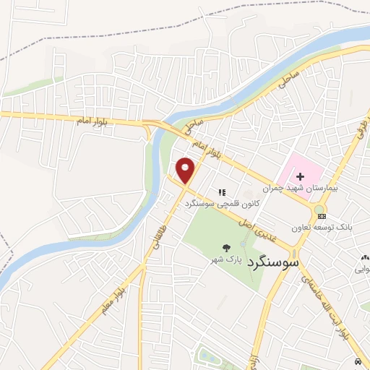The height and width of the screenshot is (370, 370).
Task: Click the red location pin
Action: coord(186,171)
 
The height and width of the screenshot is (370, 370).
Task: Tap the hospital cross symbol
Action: coord(300,176)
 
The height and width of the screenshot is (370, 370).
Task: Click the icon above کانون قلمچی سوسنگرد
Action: coord(223,193)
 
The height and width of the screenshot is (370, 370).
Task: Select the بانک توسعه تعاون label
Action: coord(322,226)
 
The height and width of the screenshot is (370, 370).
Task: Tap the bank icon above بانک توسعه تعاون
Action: coord(322,216)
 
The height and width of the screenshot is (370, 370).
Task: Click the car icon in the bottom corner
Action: coord(358,361)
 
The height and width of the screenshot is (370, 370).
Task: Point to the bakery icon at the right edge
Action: coord(365,258)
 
